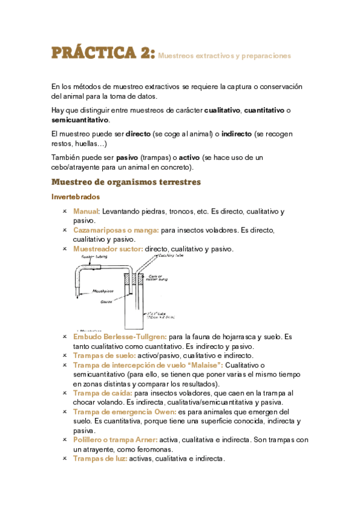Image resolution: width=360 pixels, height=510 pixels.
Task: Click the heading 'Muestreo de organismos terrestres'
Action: click(x=126, y=182)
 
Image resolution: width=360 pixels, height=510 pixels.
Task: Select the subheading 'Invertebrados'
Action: click(x=76, y=197)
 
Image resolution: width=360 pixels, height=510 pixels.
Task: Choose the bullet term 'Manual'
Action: click(x=86, y=212)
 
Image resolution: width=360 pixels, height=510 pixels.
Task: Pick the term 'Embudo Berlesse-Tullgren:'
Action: click(x=120, y=337)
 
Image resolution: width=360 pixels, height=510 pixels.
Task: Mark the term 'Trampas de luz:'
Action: click(x=99, y=458)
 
